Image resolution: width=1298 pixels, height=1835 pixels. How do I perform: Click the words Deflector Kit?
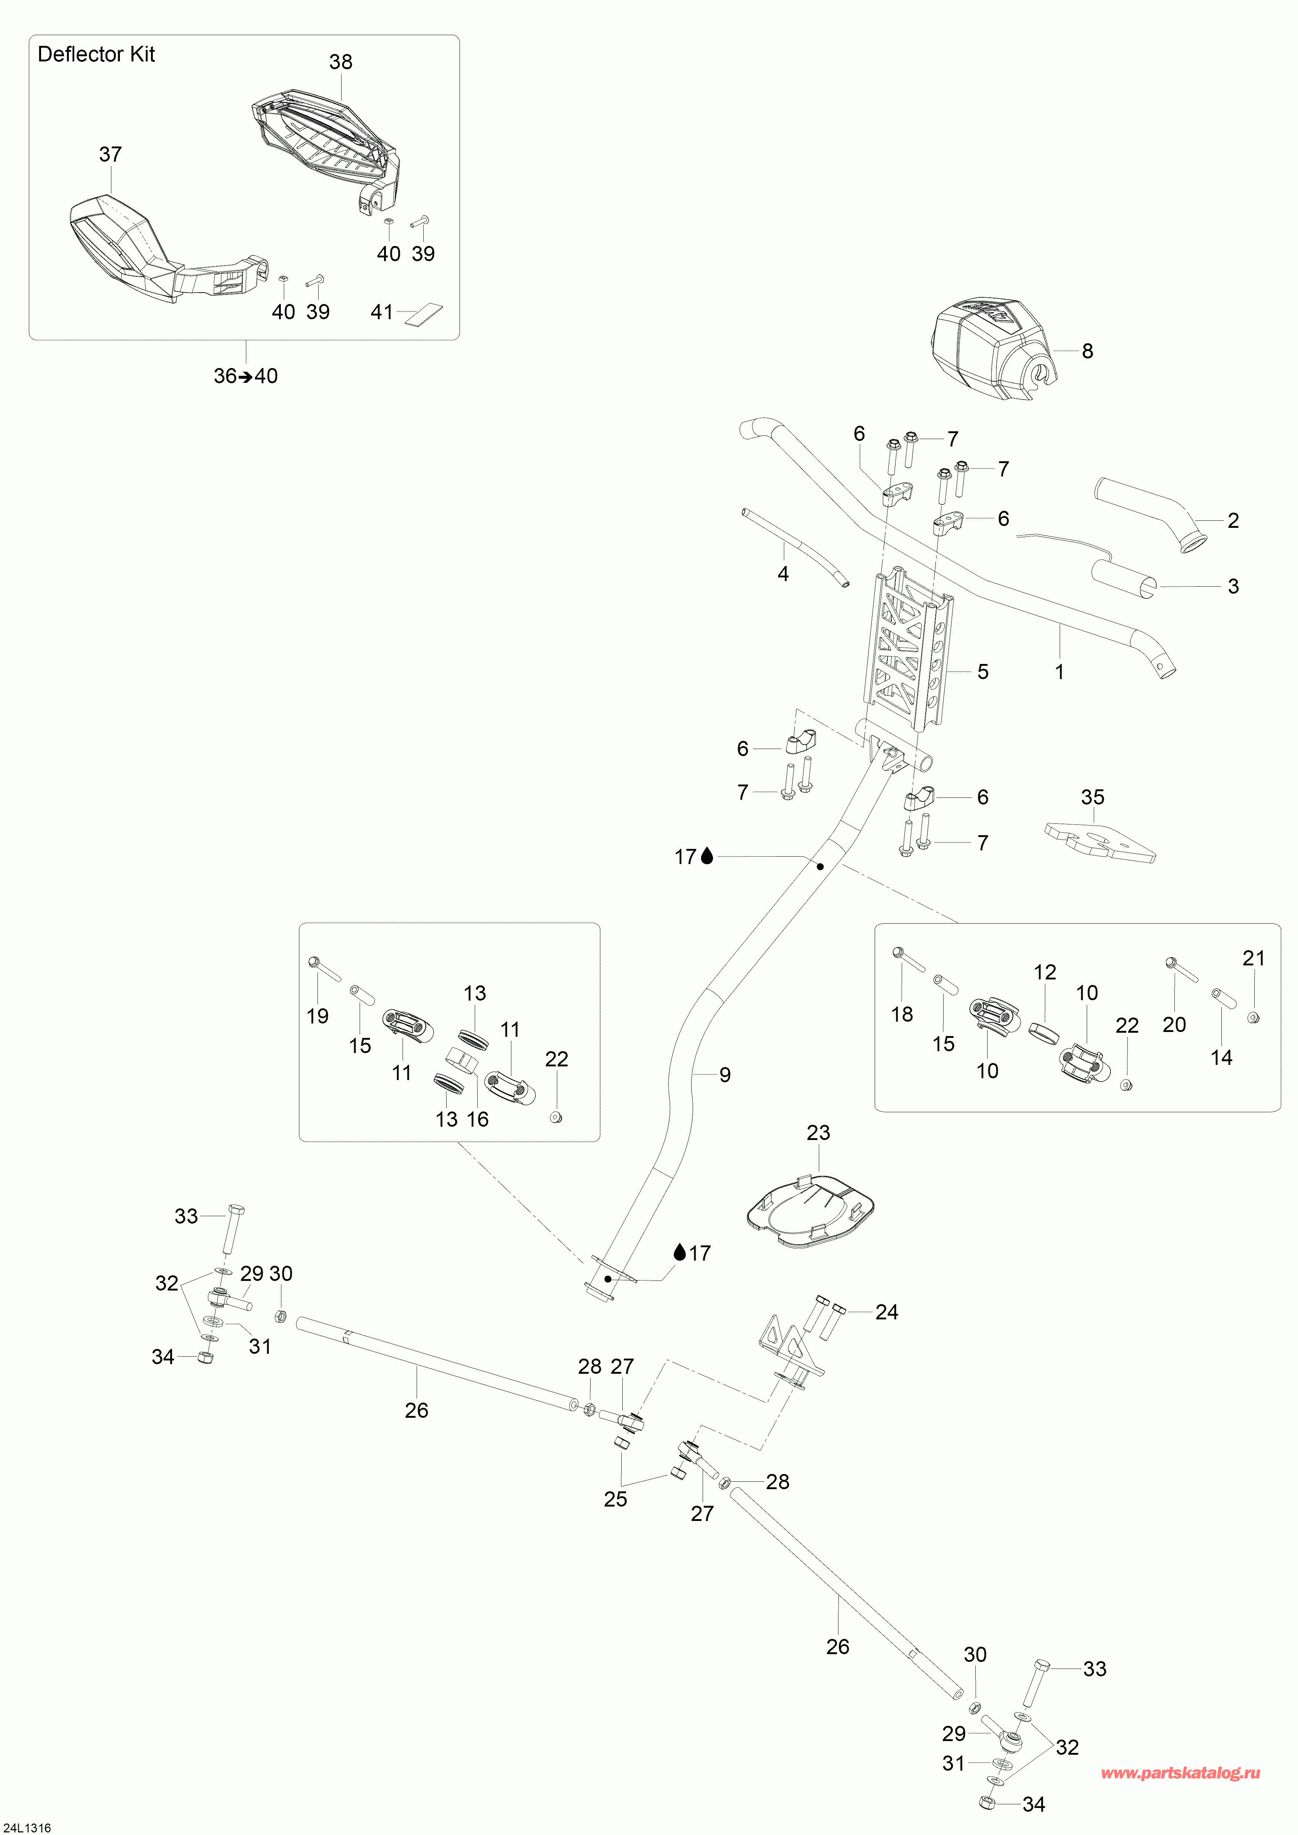[x=96, y=54]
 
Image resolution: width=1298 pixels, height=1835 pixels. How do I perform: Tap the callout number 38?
[x=340, y=63]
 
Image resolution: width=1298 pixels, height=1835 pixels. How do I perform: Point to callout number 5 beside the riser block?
[x=982, y=672]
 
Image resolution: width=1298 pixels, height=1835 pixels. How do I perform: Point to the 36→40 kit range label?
[x=245, y=377]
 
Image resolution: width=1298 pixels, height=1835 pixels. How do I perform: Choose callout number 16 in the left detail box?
[x=477, y=1120]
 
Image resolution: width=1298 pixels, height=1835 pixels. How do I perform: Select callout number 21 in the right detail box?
[x=1253, y=958]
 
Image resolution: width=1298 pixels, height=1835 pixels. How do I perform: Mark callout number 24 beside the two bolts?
[x=887, y=1312]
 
